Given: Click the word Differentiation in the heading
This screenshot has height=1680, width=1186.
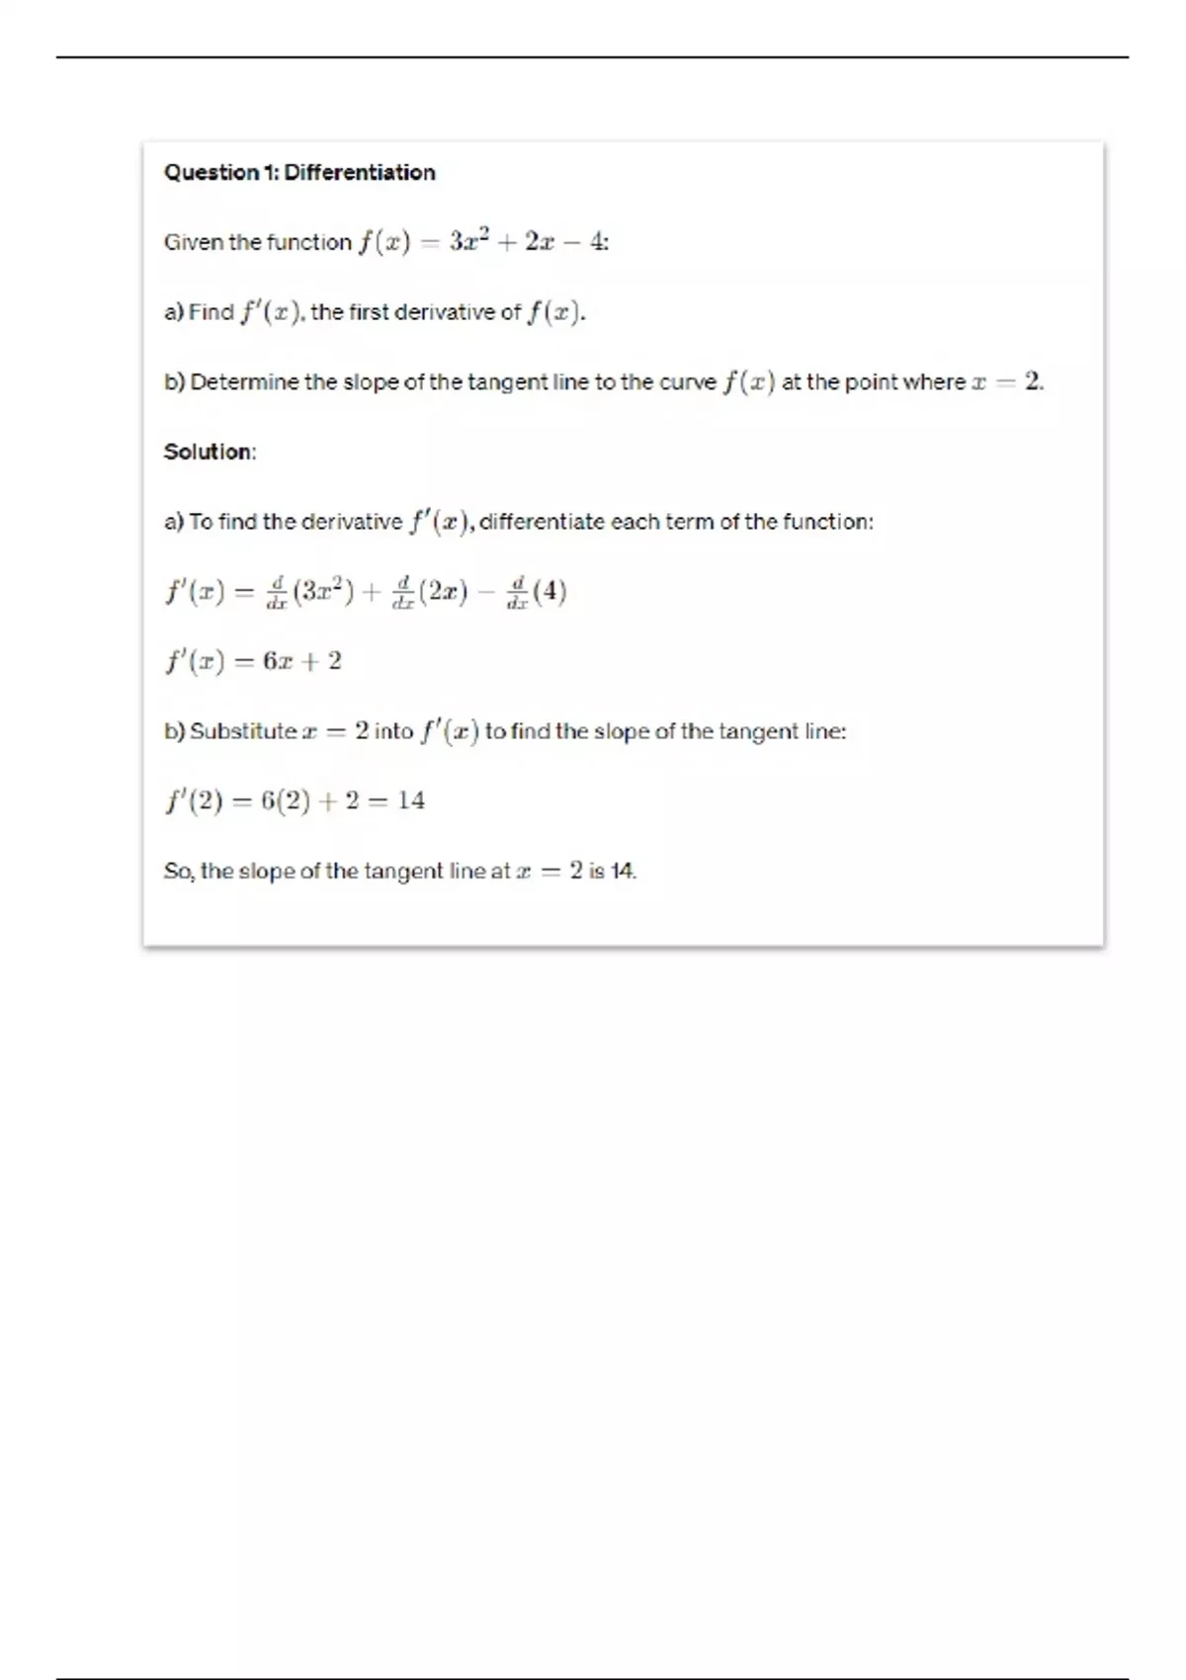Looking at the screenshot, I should tap(359, 173).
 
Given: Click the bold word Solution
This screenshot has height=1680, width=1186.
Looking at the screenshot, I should tap(208, 452).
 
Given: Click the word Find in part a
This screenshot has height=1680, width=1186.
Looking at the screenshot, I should tap(211, 312).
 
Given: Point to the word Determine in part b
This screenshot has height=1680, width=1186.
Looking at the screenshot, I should tap(244, 382).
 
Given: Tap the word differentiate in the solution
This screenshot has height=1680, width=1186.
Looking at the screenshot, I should tap(541, 522).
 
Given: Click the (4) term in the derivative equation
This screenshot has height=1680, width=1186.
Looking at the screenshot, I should tap(549, 592).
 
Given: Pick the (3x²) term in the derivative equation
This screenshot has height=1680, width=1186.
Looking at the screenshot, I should tap(323, 592).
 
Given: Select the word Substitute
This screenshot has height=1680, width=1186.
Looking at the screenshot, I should tap(243, 731).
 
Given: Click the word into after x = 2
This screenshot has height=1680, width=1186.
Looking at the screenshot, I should tap(393, 731).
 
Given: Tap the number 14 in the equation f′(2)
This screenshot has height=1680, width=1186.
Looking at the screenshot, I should tap(411, 800).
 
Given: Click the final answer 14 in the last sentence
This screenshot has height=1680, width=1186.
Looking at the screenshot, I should tap(622, 871).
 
